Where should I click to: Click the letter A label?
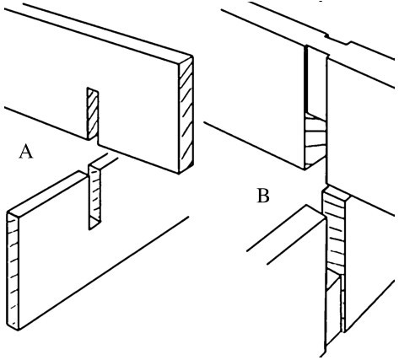pyautogui.click(x=26, y=152)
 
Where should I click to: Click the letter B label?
pyautogui.click(x=263, y=196)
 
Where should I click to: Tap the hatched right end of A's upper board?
pyautogui.click(x=186, y=115)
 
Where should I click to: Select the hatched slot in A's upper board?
pyautogui.click(x=93, y=114)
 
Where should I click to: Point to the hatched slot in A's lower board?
pyautogui.click(x=94, y=196)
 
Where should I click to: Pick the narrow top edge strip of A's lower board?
pyautogui.click(x=46, y=194)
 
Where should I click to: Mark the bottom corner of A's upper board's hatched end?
pyautogui.click(x=180, y=173)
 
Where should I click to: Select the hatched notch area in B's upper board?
pyautogui.click(x=315, y=141)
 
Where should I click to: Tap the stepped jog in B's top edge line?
pyautogui.click(x=337, y=40)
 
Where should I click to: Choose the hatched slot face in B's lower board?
pyautogui.click(x=334, y=230)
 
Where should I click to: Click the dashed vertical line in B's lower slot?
pyautogui.click(x=342, y=304)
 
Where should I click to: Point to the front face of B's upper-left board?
pyautogui.click(x=259, y=93)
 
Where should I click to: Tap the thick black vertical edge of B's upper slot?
pyautogui.click(x=306, y=78)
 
